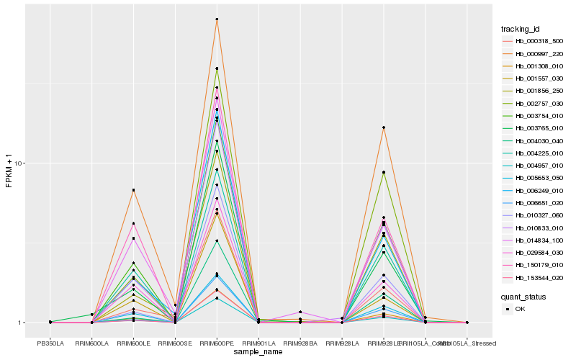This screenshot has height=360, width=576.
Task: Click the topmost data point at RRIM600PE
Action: tap(217, 19)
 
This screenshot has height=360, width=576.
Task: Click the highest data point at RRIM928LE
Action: tap(384, 127)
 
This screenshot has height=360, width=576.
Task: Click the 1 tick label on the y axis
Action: tap(22, 323)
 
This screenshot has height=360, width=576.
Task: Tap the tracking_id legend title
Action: tap(521, 29)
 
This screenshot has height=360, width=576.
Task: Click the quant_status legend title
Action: tap(523, 296)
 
